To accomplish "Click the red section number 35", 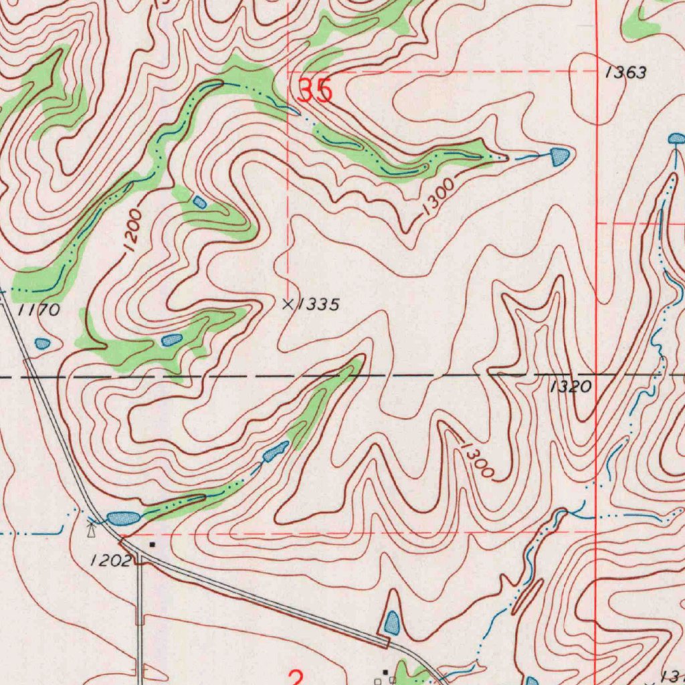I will [x=315, y=91].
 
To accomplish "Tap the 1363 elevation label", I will [x=626, y=73].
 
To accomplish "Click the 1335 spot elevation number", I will [x=318, y=305].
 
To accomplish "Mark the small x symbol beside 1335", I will [x=288, y=304].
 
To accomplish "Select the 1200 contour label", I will [x=132, y=230].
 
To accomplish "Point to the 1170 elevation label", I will [x=38, y=310].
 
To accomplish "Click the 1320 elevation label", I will [x=571, y=387].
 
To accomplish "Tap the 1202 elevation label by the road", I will [x=110, y=561].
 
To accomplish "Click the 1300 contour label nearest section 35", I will [x=438, y=197].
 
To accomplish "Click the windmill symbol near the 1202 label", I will [x=92, y=530].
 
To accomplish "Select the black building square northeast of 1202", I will [x=153, y=545].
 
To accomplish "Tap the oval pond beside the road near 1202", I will [x=122, y=518].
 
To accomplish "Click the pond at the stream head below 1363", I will [x=560, y=157].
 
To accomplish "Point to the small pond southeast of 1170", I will [x=43, y=343].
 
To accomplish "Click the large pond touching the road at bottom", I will [x=391, y=623].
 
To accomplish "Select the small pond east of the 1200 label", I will [x=199, y=201].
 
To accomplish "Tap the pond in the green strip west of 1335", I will [x=172, y=340].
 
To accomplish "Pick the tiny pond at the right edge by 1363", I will [x=677, y=138].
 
